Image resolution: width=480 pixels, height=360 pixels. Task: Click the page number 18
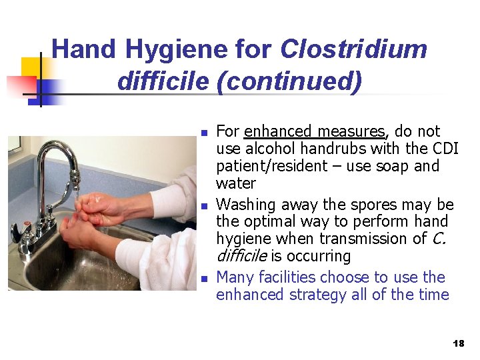pos(458,343)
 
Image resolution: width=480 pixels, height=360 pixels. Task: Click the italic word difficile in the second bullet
pos(241,256)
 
